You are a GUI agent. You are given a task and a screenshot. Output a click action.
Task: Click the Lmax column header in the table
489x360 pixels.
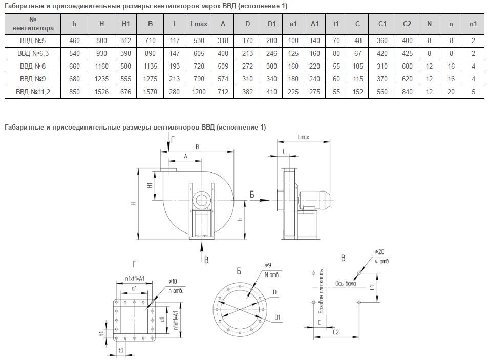(x=198, y=24)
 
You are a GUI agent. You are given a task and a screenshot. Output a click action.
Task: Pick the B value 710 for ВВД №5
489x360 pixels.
(x=150, y=40)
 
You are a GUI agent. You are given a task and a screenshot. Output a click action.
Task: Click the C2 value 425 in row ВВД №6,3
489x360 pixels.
(x=407, y=53)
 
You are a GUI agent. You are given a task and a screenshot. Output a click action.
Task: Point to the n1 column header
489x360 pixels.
(x=473, y=24)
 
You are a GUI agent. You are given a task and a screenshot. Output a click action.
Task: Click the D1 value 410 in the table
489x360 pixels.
(x=272, y=92)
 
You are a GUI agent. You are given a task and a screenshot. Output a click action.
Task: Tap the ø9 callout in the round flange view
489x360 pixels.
(x=268, y=265)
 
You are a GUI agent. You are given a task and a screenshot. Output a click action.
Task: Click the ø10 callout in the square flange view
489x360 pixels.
(x=174, y=281)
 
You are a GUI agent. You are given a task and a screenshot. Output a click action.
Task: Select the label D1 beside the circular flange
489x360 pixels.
(x=278, y=318)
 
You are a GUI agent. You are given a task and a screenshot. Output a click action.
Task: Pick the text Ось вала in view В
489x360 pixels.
(x=347, y=282)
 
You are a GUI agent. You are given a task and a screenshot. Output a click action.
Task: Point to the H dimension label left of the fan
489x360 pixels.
(x=134, y=203)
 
